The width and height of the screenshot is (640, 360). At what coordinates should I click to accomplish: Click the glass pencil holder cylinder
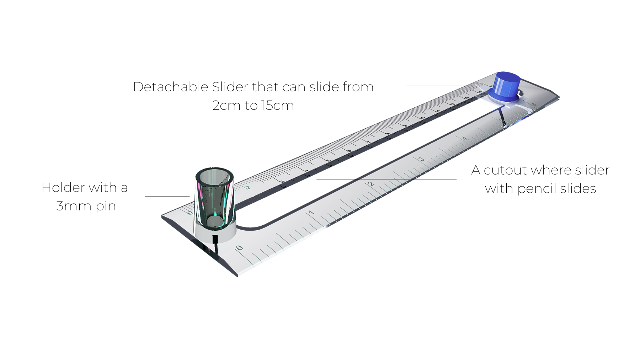(x=214, y=197)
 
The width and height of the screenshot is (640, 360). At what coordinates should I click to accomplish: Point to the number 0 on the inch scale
(x=239, y=247)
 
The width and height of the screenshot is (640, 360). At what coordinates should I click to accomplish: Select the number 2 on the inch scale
(x=371, y=184)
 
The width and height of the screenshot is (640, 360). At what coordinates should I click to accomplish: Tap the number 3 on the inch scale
(x=421, y=159)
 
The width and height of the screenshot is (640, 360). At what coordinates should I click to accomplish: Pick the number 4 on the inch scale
(x=464, y=138)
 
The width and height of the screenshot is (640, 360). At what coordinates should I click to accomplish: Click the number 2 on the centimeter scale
(x=249, y=187)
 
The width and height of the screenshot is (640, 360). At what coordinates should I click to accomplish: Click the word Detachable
(x=170, y=87)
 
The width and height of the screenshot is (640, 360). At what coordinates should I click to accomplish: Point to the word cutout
(x=505, y=170)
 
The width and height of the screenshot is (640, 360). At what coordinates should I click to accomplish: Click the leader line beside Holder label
(x=167, y=196)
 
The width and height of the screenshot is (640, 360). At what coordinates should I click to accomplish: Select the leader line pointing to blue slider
(x=444, y=85)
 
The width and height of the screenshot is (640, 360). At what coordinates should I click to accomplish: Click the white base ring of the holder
(x=215, y=233)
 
